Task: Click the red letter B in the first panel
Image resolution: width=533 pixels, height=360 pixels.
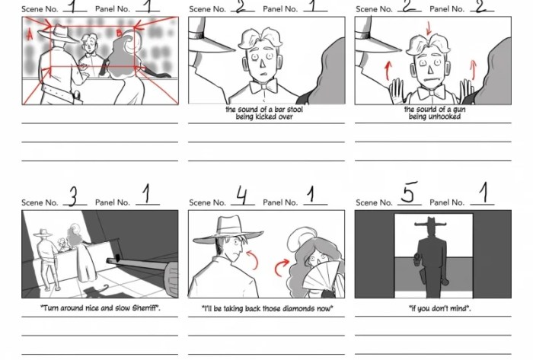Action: (119, 32)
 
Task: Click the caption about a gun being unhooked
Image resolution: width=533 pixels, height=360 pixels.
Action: (432, 113)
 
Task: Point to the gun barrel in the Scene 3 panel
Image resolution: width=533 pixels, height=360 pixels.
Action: (141, 266)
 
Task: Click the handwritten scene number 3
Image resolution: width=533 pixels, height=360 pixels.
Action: (74, 199)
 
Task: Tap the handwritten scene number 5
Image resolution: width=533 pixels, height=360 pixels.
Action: (407, 197)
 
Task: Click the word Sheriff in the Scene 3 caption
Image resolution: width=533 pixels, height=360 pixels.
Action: (142, 309)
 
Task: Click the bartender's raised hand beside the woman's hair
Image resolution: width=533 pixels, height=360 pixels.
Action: (467, 92)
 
